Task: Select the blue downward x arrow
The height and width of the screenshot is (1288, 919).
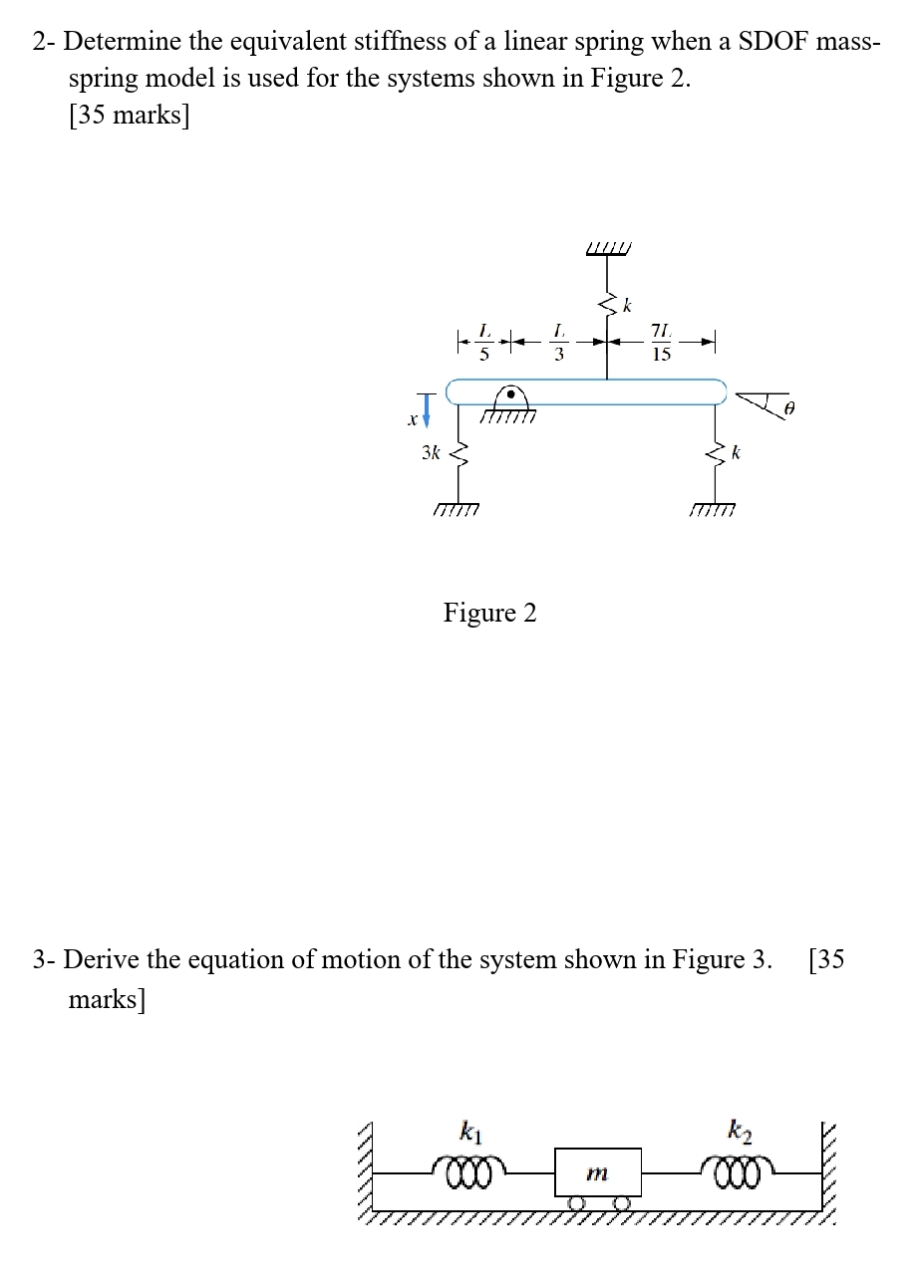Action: click(427, 407)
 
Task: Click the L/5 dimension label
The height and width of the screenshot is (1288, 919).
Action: click(484, 341)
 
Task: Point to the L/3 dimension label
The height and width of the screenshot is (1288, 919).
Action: click(559, 341)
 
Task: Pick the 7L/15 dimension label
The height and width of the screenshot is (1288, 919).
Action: click(661, 341)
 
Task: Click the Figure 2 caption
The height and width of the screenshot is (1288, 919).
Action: click(489, 613)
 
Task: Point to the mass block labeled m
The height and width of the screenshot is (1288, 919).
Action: click(597, 1173)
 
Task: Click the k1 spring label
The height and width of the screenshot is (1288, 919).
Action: click(468, 1130)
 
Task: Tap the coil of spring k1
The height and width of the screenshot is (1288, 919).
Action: click(469, 1167)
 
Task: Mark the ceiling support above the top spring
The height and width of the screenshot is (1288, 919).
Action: click(609, 247)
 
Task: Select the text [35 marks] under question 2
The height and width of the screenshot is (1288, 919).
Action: click(129, 116)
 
